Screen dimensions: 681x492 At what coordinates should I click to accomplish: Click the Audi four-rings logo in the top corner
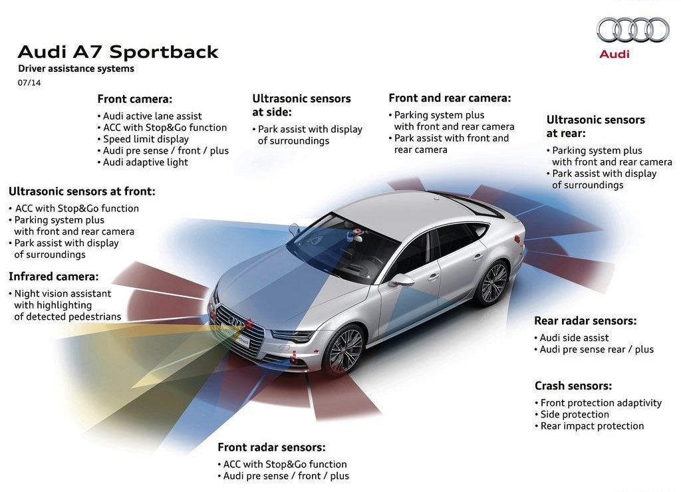[632, 30]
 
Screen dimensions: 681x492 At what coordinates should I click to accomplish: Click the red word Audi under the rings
[614, 55]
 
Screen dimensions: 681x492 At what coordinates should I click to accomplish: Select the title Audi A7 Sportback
[118, 52]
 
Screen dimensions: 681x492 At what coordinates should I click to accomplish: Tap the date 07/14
[29, 82]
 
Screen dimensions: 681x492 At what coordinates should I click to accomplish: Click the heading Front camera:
[134, 99]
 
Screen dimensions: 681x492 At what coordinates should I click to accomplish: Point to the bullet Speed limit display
[144, 140]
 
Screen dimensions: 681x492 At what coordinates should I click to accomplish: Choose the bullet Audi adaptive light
[143, 162]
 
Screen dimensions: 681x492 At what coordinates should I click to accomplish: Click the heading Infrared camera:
[53, 277]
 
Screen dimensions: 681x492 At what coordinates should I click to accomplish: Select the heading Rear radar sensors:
[585, 321]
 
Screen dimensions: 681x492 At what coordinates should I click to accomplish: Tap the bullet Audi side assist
[571, 338]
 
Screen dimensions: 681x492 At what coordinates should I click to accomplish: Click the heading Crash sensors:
[573, 386]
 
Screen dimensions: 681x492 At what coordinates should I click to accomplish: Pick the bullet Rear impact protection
[589, 426]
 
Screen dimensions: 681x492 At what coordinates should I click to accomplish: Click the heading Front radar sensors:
[271, 447]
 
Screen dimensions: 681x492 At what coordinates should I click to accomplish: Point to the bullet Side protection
[572, 414]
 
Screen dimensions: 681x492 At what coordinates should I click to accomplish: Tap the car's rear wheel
[492, 282]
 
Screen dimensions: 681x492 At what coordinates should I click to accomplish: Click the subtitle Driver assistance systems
[76, 68]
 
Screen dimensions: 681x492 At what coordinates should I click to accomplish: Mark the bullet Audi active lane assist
[150, 116]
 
